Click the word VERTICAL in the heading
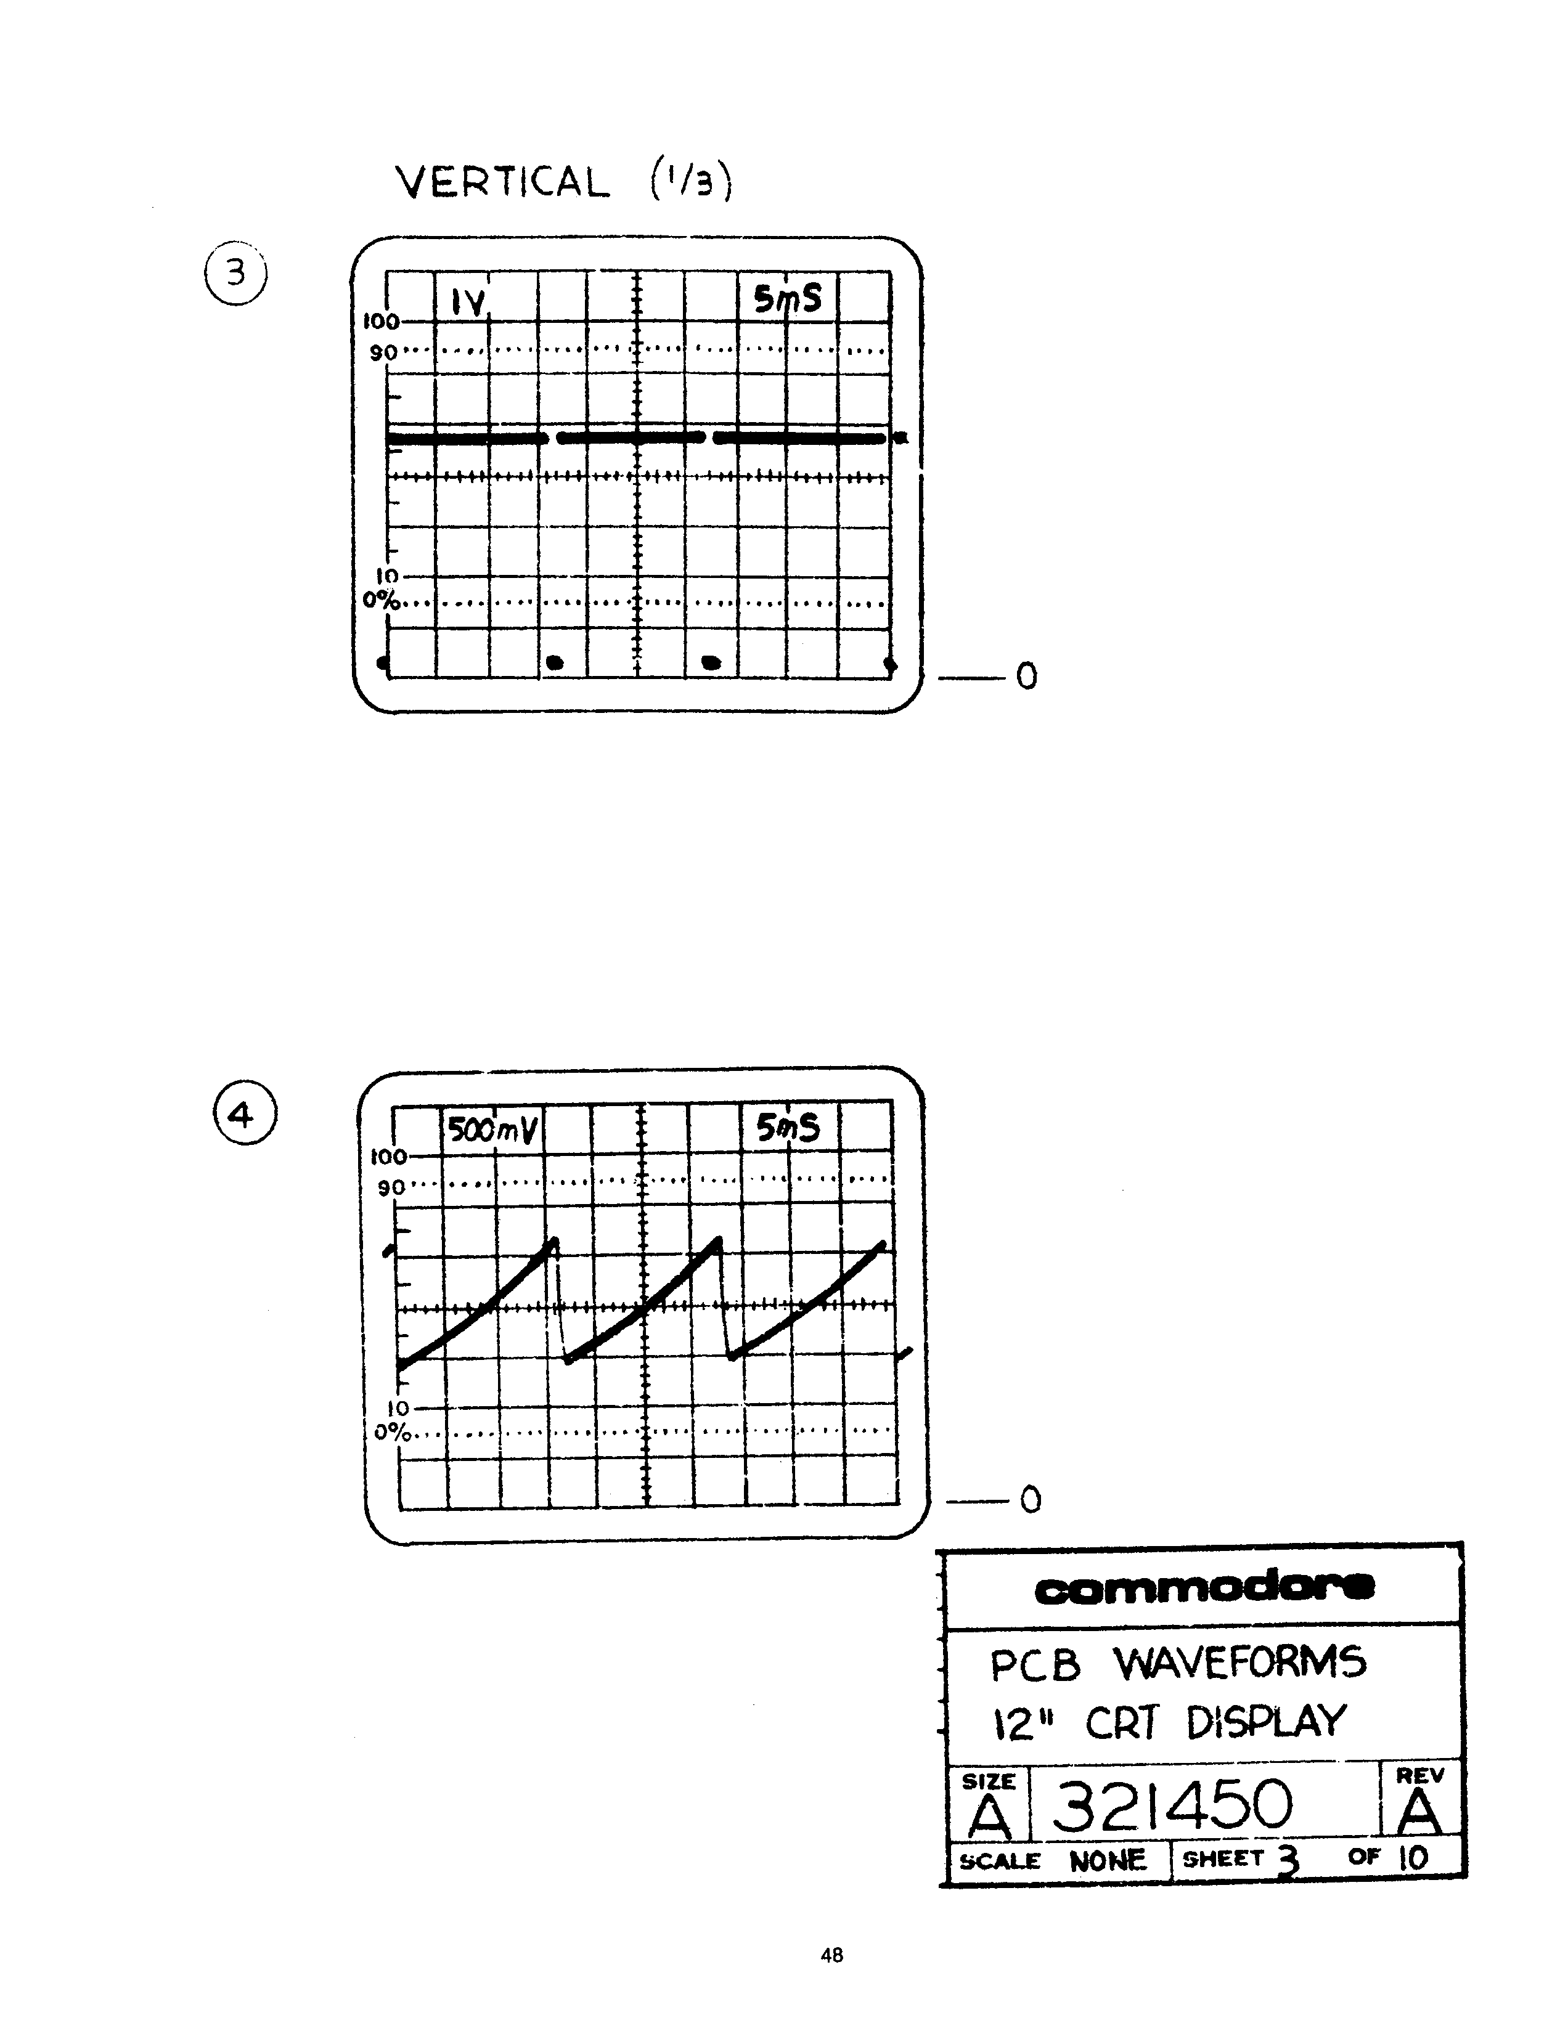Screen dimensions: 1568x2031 [x=503, y=182]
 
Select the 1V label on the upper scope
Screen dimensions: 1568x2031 [x=468, y=301]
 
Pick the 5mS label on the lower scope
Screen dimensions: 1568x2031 [x=788, y=1128]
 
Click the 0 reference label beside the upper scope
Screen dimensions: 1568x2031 [x=1026, y=676]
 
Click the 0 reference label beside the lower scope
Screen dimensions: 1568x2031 [x=1031, y=1499]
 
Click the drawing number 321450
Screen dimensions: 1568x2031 [x=1172, y=1804]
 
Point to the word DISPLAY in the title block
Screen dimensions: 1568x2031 [x=1266, y=1722]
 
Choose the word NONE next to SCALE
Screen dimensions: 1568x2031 [x=1108, y=1860]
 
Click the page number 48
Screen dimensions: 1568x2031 [x=831, y=1955]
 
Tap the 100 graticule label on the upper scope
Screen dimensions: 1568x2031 [x=380, y=322]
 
